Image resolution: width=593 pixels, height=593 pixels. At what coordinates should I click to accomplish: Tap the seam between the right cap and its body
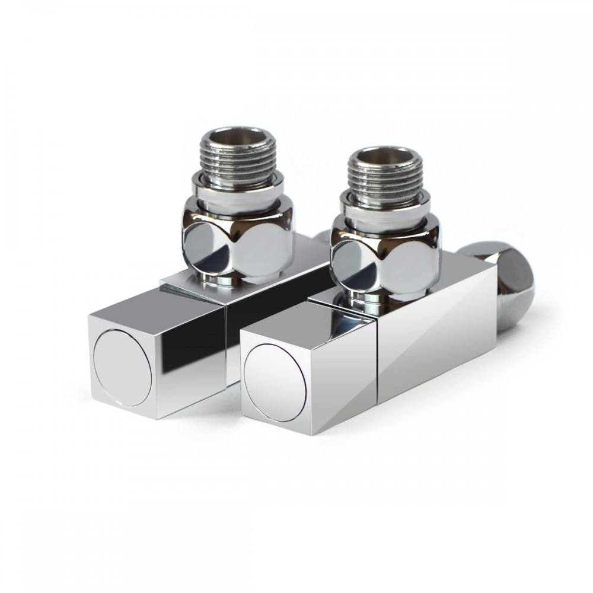point(378,368)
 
